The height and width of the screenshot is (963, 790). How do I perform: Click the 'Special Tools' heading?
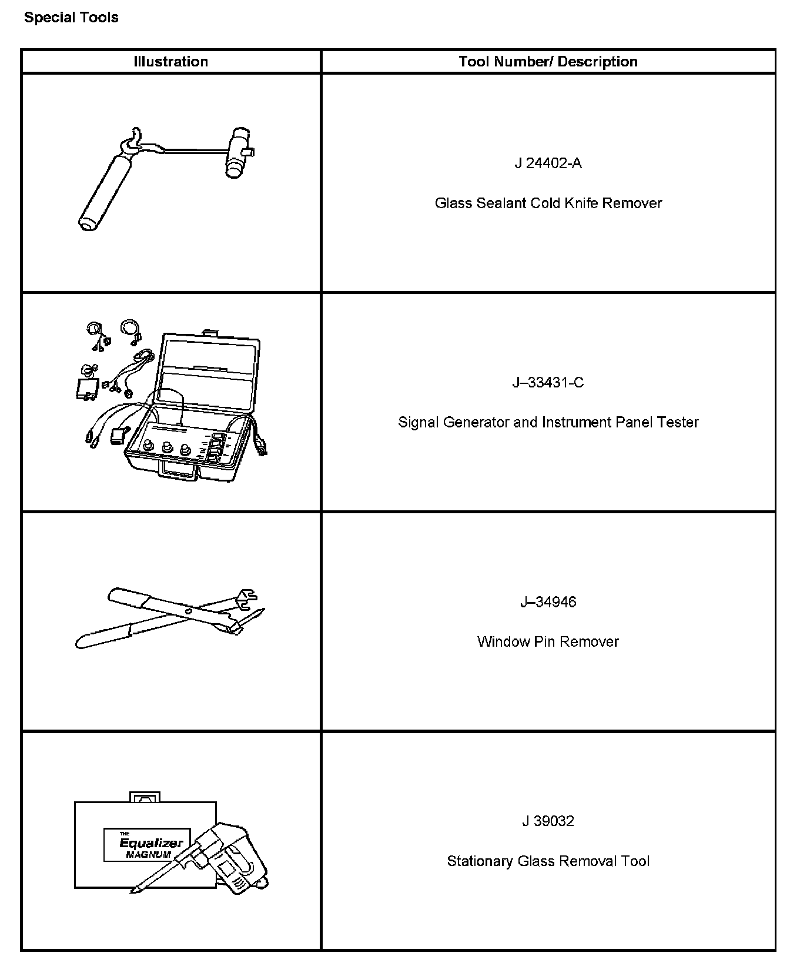(x=71, y=18)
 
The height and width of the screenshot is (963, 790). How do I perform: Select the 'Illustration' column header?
(x=170, y=62)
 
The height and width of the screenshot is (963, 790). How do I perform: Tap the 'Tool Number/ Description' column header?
(x=548, y=62)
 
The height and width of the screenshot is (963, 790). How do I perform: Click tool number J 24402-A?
(x=548, y=163)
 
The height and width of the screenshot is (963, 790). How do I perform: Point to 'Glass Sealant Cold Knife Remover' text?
(x=548, y=203)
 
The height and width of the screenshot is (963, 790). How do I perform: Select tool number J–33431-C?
(x=548, y=383)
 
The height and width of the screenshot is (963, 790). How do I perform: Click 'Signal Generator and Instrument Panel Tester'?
(x=548, y=422)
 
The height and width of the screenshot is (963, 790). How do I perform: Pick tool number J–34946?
(x=548, y=602)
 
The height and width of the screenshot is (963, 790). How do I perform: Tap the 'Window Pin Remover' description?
(x=548, y=641)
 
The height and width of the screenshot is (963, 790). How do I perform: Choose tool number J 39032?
(x=548, y=821)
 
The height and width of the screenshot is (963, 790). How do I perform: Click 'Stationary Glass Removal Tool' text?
(x=548, y=861)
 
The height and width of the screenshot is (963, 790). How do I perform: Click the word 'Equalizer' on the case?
(x=151, y=843)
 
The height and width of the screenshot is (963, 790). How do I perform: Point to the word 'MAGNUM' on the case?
(x=148, y=855)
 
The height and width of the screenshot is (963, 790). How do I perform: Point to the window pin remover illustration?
(x=170, y=617)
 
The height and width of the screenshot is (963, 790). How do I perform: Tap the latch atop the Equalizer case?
(x=145, y=797)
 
